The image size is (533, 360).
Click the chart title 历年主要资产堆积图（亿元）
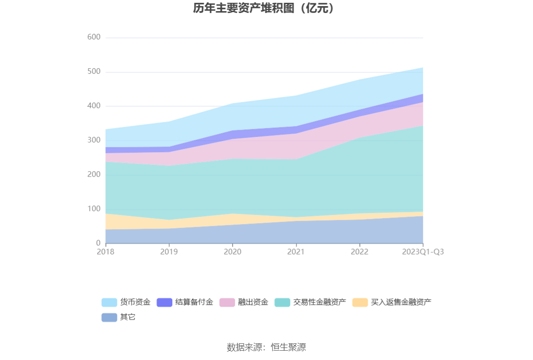[264, 8]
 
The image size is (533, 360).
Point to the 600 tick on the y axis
[94, 38]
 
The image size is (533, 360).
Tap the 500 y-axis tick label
[94, 72]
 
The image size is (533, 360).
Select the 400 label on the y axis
[94, 106]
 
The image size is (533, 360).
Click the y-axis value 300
[94, 140]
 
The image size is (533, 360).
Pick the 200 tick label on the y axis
[94, 174]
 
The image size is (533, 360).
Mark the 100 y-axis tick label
[94, 209]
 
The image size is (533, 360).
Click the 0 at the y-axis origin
[98, 243]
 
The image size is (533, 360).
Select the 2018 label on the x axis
[105, 252]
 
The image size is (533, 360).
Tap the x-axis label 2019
[169, 252]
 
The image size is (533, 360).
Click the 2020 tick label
[233, 252]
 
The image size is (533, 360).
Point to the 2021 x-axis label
[296, 252]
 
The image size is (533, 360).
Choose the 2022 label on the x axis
[359, 252]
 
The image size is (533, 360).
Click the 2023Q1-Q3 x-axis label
[422, 252]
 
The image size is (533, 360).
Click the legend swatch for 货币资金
[109, 302]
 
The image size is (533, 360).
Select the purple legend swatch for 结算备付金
[164, 302]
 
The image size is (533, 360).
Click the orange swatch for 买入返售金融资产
[360, 302]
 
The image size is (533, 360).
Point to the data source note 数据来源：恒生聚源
[266, 347]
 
